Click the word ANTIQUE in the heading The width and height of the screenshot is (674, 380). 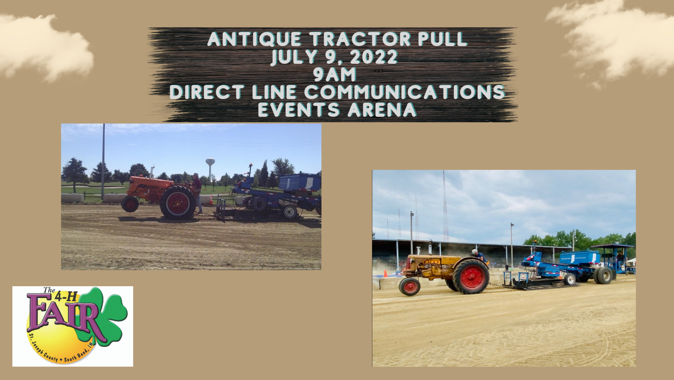[254, 39]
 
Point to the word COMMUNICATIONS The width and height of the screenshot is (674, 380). [404, 92]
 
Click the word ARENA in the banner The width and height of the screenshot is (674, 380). [382, 109]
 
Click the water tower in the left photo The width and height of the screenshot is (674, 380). [210, 168]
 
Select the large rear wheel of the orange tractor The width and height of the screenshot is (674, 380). [178, 202]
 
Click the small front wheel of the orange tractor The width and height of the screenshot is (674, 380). [130, 204]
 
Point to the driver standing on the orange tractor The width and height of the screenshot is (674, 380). [197, 193]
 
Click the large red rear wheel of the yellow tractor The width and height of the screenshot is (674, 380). [471, 276]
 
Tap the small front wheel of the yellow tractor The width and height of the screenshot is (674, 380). [409, 286]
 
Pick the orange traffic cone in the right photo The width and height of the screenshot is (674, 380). [385, 273]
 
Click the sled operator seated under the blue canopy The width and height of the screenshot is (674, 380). [620, 259]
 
